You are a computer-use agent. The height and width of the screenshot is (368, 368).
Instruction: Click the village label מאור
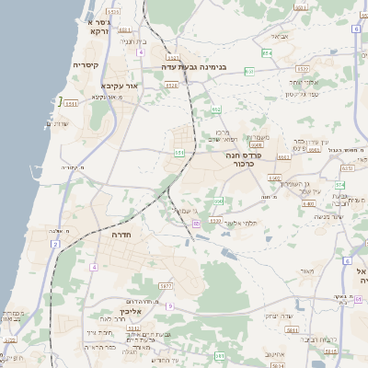point(306,271)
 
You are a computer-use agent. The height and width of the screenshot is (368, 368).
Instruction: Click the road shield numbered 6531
point(347,168)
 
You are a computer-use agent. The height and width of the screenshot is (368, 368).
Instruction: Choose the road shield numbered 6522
point(303,69)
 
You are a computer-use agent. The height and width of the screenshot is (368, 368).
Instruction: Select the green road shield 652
point(215,109)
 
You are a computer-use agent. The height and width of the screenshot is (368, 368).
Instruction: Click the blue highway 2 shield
point(55,244)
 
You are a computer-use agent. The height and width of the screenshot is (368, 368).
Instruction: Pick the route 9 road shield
point(169,305)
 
